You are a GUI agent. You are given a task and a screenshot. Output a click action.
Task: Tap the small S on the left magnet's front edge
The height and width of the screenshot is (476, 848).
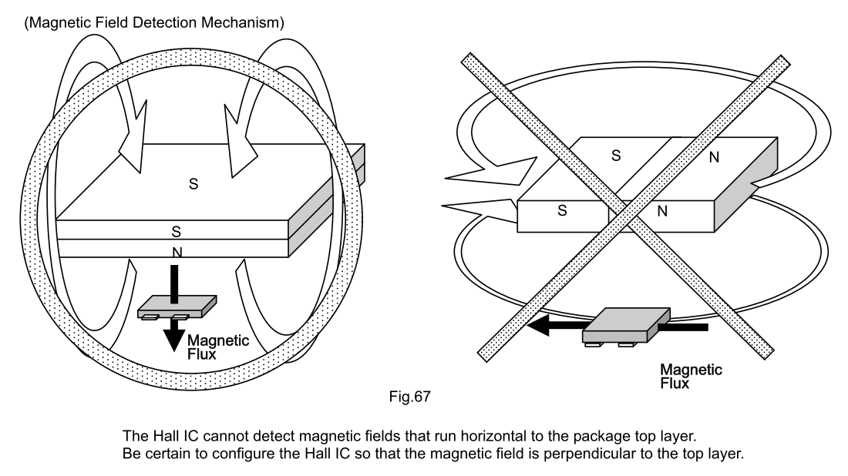point(177,230)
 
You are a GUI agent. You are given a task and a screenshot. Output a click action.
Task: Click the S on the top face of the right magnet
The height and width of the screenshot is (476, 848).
point(615,155)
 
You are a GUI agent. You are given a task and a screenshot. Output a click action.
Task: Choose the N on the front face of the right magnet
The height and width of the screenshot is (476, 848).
point(661,210)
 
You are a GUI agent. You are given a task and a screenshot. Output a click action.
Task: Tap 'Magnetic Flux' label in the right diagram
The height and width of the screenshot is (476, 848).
point(692,375)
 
